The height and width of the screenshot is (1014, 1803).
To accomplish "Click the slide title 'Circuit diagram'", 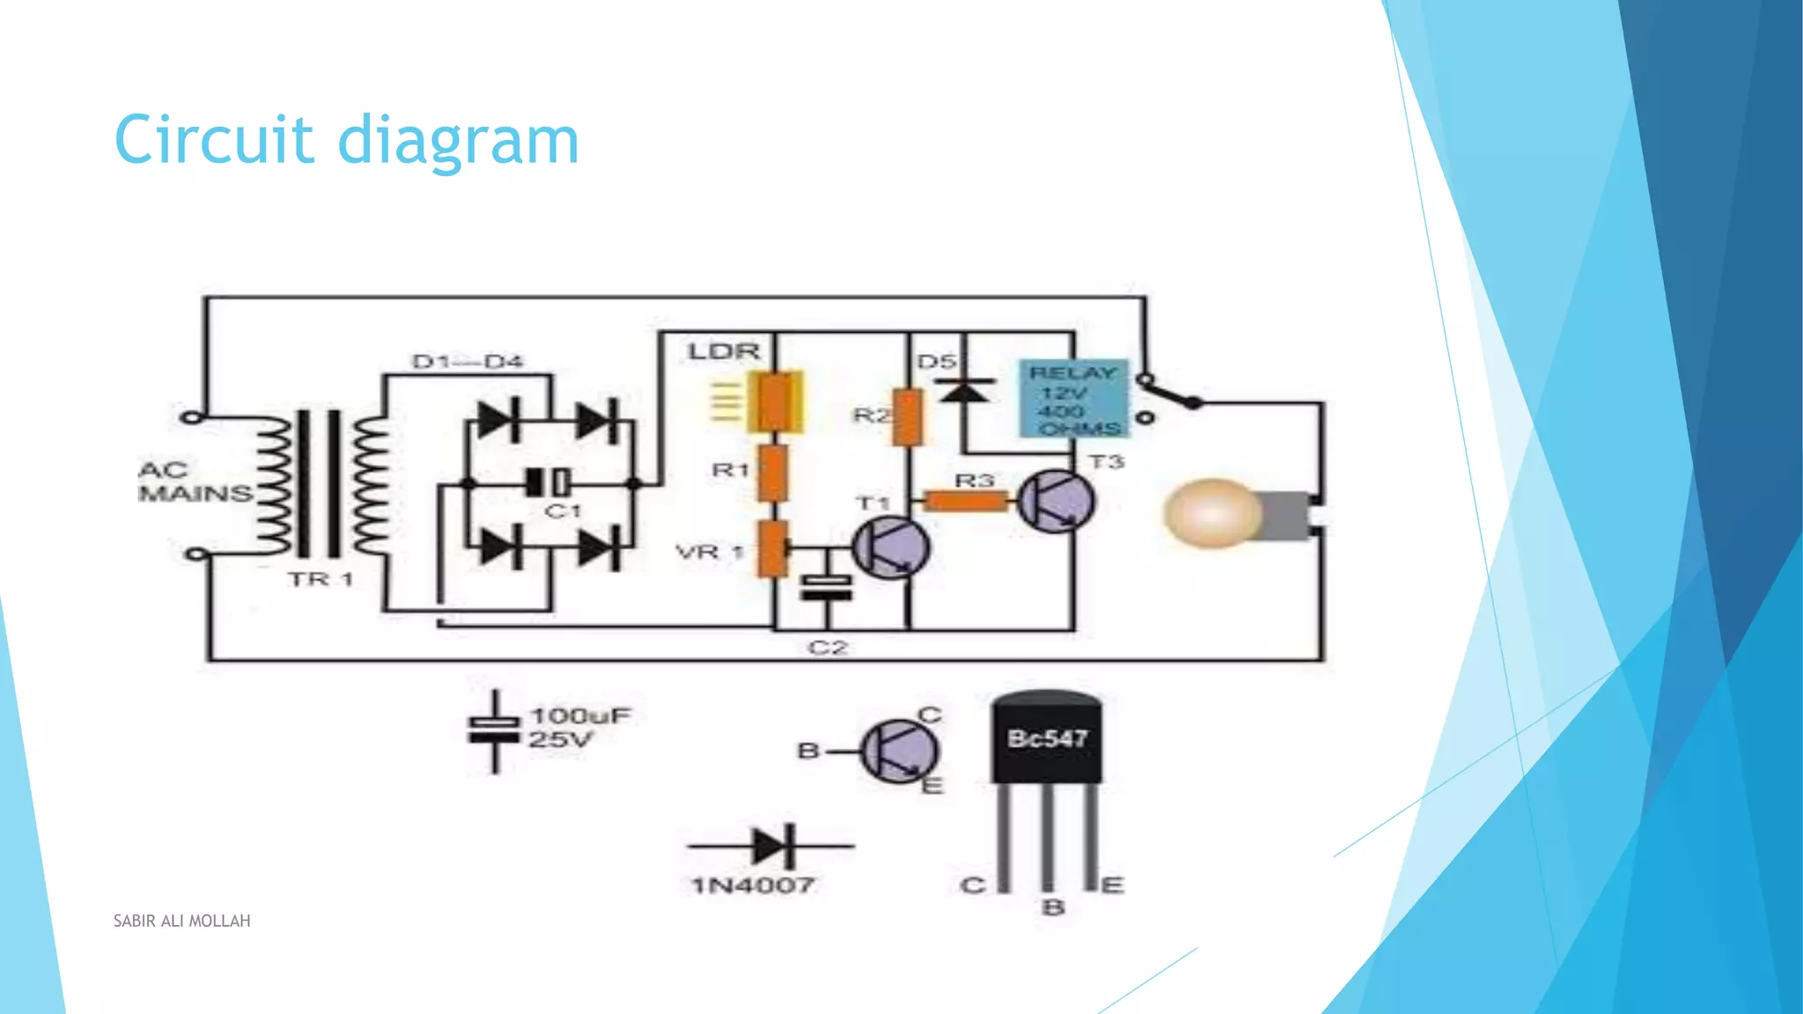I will coord(346,141).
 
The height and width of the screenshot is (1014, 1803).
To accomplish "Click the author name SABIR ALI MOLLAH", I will coord(181,921).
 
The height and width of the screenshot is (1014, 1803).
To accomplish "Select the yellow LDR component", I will coord(776,401).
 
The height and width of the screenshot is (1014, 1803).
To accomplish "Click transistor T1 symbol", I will coord(891,547).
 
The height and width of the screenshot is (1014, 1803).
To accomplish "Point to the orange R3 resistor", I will coord(965,502).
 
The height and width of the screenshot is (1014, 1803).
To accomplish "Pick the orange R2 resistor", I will coord(908,417).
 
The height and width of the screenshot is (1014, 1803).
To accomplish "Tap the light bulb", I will coord(1213,513).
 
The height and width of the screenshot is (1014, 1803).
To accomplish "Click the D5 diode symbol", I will coord(964,388).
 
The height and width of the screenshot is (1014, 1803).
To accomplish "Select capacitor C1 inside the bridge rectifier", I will coord(548,482).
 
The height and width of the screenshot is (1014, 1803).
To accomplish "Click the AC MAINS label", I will coord(194,481).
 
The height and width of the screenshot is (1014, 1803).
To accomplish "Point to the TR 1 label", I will coord(320,579).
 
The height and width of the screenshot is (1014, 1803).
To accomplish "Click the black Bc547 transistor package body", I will coord(1047,738).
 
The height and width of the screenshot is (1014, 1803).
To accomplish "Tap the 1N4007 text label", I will coord(753,885).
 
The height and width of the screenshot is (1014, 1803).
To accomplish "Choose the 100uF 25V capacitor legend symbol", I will coord(495,731).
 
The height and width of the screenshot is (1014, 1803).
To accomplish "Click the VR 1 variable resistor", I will coord(773,548).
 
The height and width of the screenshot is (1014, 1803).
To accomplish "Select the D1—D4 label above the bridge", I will coord(467,362).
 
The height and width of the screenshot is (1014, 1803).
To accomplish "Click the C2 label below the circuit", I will coord(827,648).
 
